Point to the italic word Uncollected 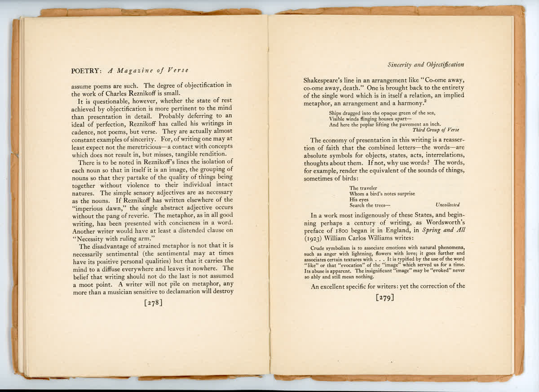pos(447,205)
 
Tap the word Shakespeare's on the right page pos(326,79)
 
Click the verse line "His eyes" pos(358,199)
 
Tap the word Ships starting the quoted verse pos(336,113)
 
